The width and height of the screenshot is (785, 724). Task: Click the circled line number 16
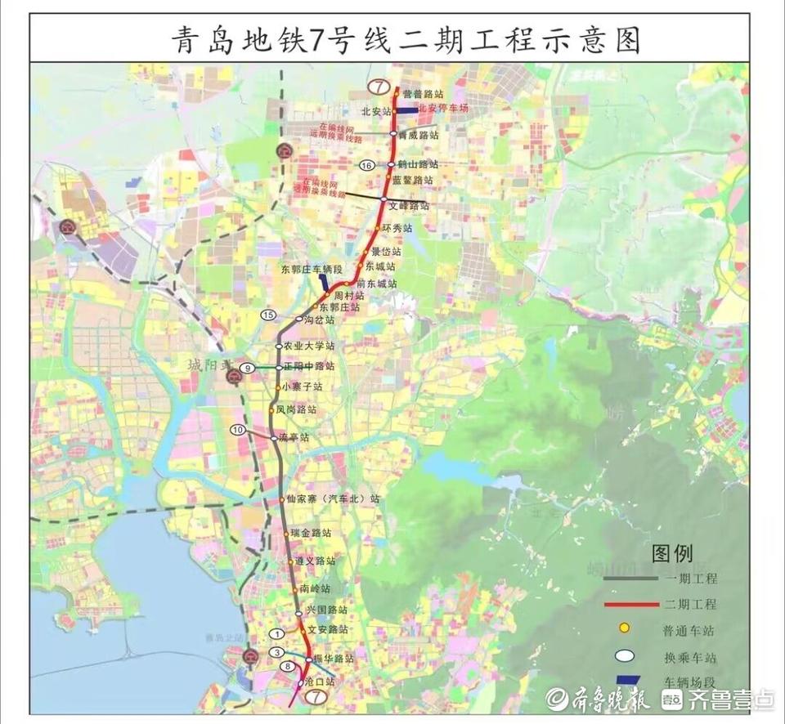(366, 166)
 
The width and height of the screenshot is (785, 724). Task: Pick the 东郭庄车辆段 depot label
(311, 268)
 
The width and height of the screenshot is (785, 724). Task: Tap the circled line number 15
(267, 315)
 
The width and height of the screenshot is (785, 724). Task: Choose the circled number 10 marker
(238, 429)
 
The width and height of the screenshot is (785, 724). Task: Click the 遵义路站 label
(315, 561)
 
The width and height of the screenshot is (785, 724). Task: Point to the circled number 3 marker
(278, 652)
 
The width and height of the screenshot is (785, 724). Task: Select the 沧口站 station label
(319, 682)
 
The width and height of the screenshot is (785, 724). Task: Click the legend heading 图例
(671, 554)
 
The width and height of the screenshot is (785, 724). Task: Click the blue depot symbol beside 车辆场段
(626, 680)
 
